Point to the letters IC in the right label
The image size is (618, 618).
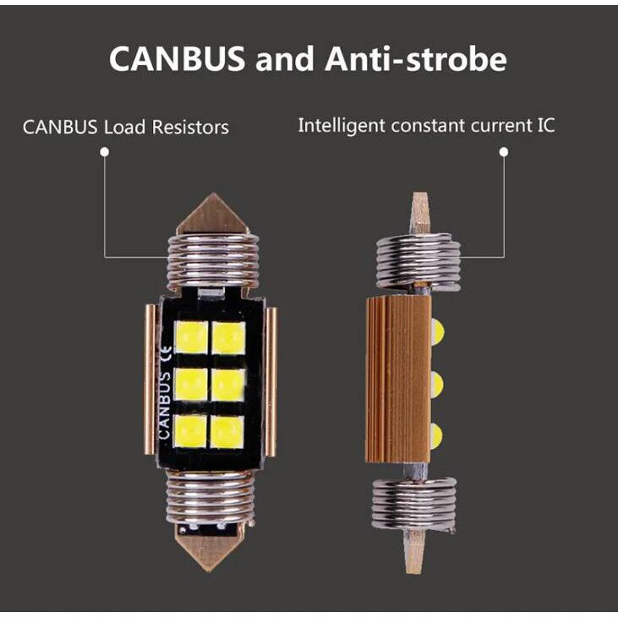point(544,126)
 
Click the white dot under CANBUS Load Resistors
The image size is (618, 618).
point(104,152)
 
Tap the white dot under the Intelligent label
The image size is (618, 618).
point(504,152)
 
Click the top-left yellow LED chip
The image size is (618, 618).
point(190,337)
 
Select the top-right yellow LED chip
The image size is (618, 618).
point(227,337)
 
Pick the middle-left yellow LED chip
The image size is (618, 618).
point(190,385)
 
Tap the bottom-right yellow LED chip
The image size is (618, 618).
point(227,431)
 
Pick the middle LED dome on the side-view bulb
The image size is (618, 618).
point(436,384)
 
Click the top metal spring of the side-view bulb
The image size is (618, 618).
point(418,260)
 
